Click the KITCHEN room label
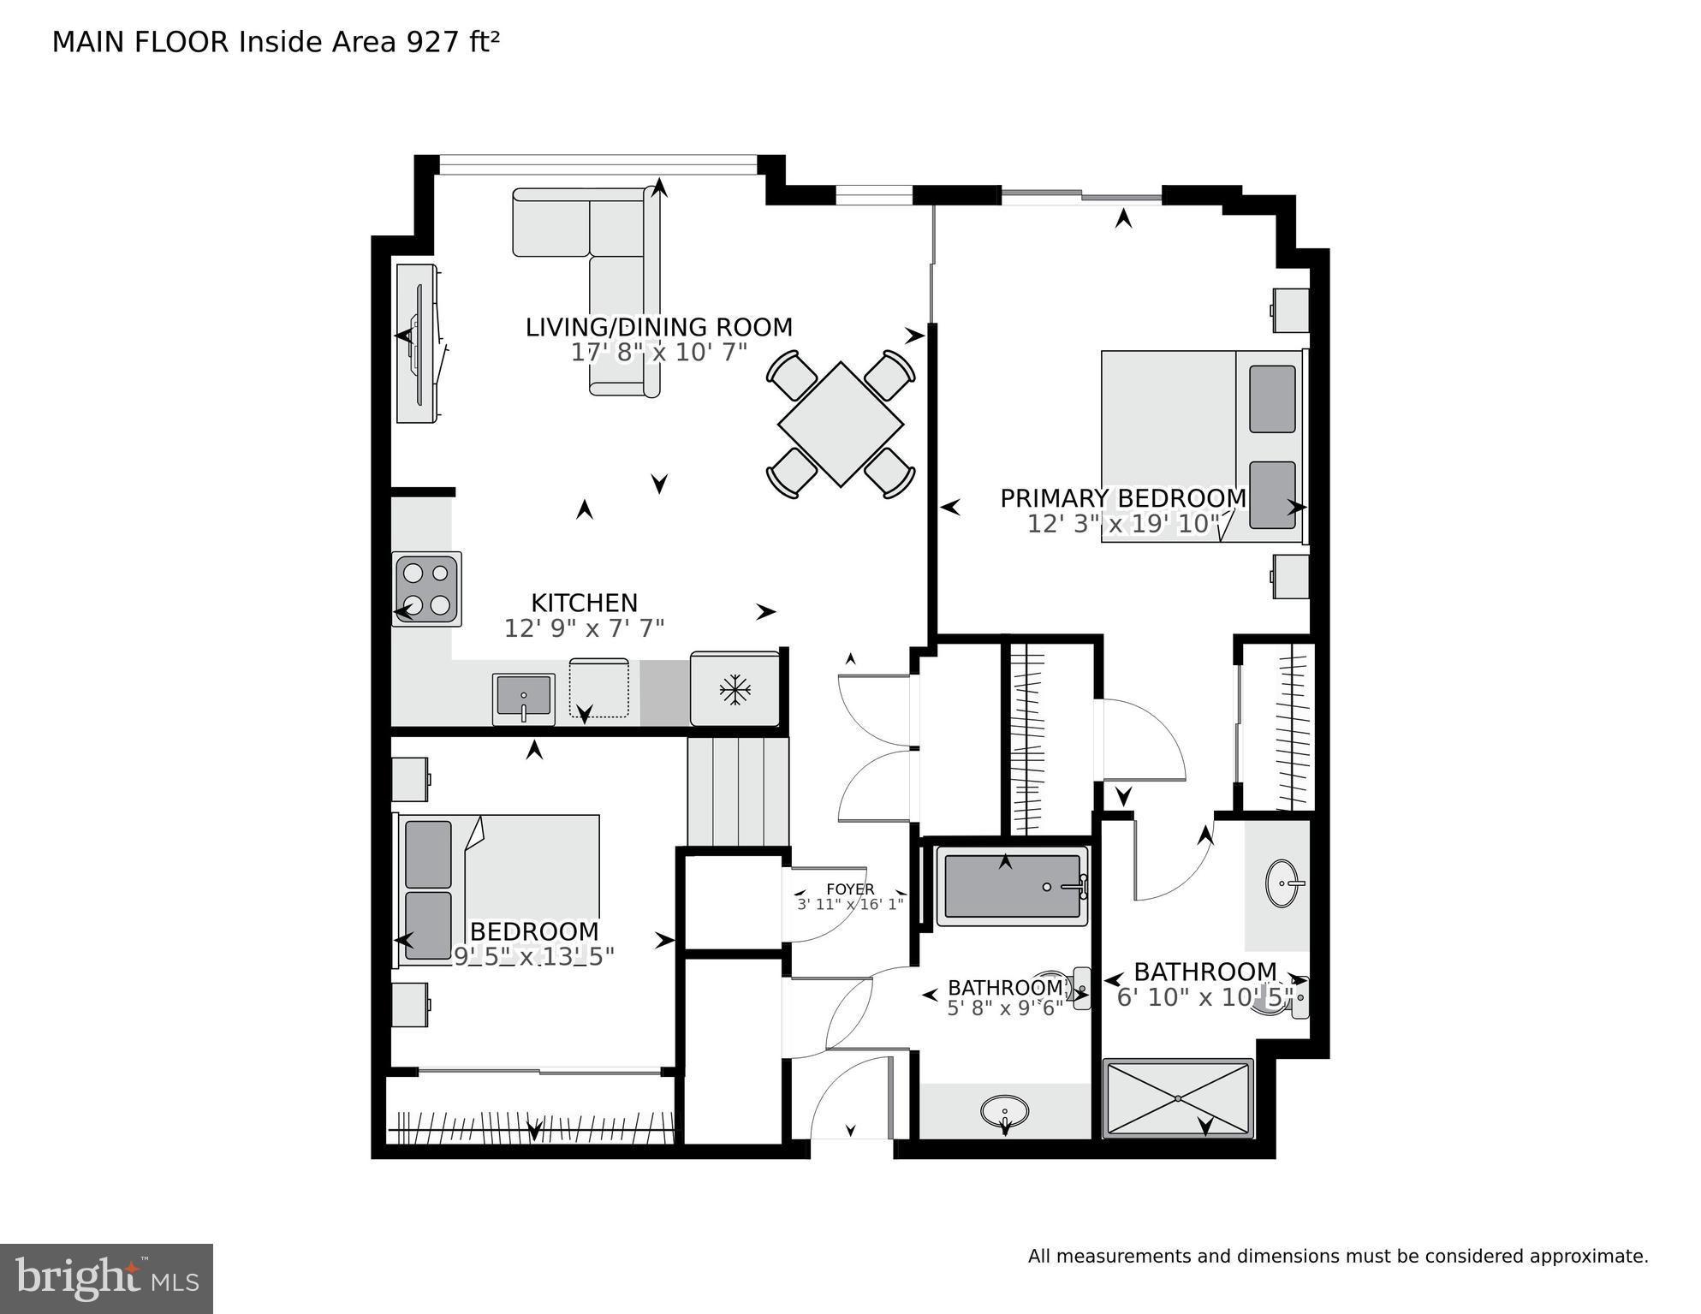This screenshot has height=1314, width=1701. pyautogui.click(x=584, y=603)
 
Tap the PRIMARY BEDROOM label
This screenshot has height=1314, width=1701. pyautogui.click(x=1122, y=498)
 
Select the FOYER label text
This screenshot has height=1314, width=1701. pyautogui.click(x=849, y=889)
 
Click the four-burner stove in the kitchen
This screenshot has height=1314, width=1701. pyautogui.click(x=426, y=589)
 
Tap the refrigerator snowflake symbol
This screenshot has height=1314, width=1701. pyautogui.click(x=735, y=690)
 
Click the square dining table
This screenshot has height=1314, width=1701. pyautogui.click(x=841, y=425)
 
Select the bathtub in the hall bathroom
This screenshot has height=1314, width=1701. pyautogui.click(x=1012, y=887)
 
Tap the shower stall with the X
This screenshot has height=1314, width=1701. pyautogui.click(x=1178, y=1098)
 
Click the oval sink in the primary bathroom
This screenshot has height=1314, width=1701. pyautogui.click(x=1285, y=882)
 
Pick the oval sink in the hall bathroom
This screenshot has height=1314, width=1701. pyautogui.click(x=1004, y=1112)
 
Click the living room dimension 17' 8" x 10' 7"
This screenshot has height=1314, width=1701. pyautogui.click(x=658, y=352)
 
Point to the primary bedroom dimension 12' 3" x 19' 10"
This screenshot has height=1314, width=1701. pyautogui.click(x=1122, y=524)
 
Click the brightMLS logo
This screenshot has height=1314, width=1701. pyautogui.click(x=106, y=1279)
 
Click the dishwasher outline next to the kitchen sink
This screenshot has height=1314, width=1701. pyautogui.click(x=599, y=687)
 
